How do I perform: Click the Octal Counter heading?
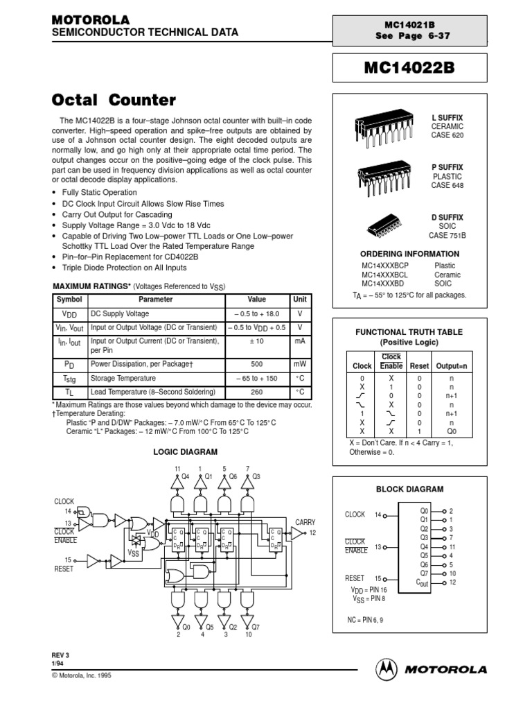(x=114, y=100)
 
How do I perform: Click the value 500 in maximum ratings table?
(x=256, y=363)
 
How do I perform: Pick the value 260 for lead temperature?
(x=256, y=391)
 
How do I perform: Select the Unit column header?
(x=300, y=299)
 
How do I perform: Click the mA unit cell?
(x=300, y=341)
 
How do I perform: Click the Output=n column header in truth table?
(x=452, y=365)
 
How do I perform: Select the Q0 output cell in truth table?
(x=452, y=431)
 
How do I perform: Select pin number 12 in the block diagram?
(x=452, y=582)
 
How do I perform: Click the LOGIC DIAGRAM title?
(x=185, y=451)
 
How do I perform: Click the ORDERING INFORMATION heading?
(x=409, y=254)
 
